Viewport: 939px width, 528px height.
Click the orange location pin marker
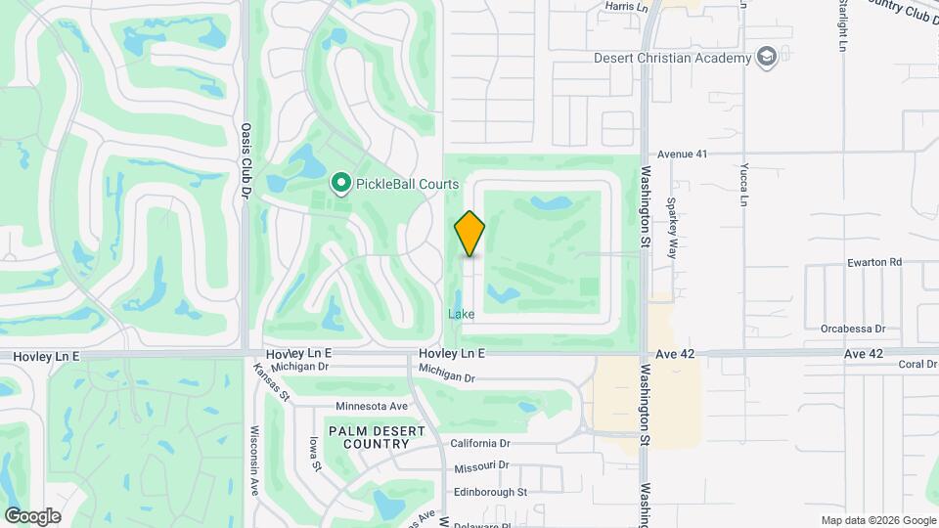[469, 234]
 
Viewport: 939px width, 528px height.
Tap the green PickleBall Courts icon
[341, 182]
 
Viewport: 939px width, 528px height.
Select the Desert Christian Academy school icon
[767, 57]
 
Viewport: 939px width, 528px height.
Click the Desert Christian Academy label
[672, 57]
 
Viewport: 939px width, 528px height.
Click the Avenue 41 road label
[682, 154]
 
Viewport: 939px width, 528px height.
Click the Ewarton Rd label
[874, 262]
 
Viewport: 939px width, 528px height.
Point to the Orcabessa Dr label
[853, 330]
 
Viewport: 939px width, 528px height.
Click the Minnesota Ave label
[371, 406]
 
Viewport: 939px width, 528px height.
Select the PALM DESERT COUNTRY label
[369, 437]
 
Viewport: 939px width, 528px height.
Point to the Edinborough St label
[491, 492]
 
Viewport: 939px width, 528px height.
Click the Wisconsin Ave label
[253, 458]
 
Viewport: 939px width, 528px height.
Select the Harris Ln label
[627, 6]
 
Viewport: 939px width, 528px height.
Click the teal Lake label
[462, 314]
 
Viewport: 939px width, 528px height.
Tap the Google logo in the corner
[32, 516]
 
